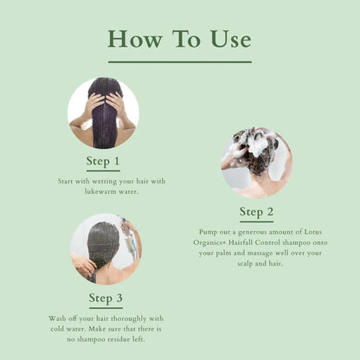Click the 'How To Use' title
pos(179,39)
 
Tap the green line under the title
pos(179,62)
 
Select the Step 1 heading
pos(104,160)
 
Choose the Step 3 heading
pos(106,299)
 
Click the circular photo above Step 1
pos(103,112)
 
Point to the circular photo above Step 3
pos(106,249)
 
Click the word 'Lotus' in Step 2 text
pos(325,233)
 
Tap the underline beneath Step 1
pos(104,170)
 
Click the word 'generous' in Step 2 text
pos(258,233)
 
